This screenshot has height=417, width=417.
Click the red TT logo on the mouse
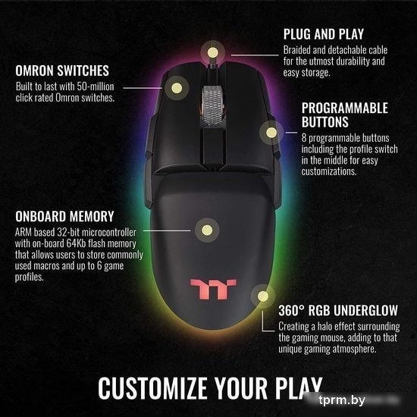tap(213, 290)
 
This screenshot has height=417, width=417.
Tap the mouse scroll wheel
tap(213, 105)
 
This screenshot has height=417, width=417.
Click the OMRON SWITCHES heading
tap(62, 71)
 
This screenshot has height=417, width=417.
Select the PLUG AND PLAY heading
tap(324, 34)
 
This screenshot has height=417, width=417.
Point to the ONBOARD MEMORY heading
tap(64, 216)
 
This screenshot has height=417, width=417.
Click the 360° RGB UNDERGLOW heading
tap(338, 310)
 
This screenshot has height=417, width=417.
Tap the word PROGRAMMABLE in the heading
tap(345, 108)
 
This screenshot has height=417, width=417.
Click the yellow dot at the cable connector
tap(213, 52)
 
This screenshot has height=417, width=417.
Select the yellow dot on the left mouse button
tap(177, 88)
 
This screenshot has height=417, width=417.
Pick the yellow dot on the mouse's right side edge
tap(271, 133)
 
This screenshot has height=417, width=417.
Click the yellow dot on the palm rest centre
tap(207, 230)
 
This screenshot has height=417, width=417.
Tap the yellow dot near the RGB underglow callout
tap(263, 296)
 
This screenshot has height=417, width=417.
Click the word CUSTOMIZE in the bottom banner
tap(153, 388)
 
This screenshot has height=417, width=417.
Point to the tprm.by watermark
tap(342, 400)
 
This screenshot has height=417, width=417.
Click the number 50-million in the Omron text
tap(96, 86)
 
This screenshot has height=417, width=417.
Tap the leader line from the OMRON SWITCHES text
tap(143, 88)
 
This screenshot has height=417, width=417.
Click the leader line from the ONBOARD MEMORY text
tap(167, 230)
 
